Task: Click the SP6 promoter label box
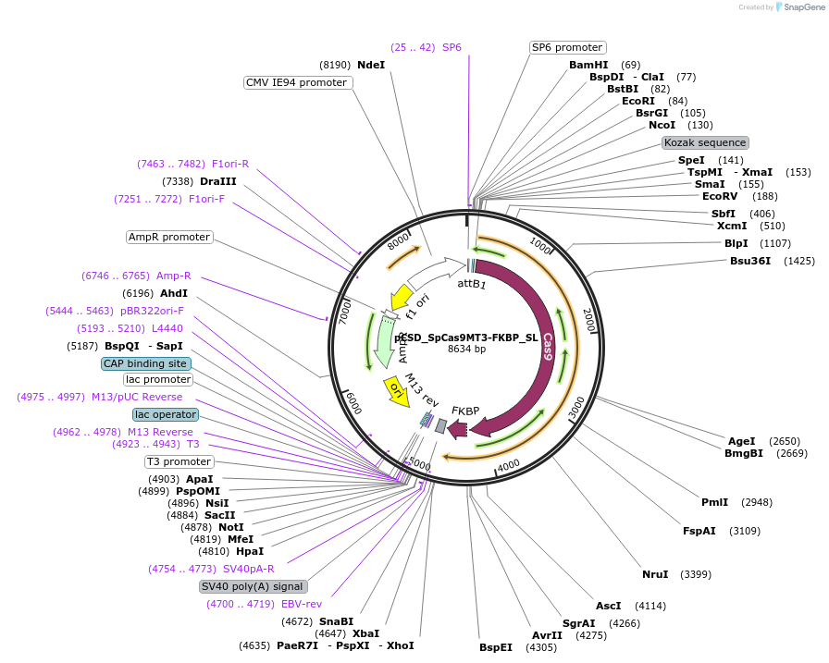pos(567,47)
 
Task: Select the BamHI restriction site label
pos(588,65)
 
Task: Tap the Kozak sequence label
pos(705,142)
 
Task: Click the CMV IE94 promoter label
pos(297,82)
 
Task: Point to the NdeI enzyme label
pos(371,65)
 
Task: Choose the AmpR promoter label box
pos(169,237)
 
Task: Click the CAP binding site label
pos(145,363)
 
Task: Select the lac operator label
pos(165,414)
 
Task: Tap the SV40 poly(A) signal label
pos(253,586)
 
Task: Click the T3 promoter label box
pos(179,461)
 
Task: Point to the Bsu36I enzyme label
pos(750,261)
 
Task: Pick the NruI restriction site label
pos(655,574)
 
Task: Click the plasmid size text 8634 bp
pos(466,349)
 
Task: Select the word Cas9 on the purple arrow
pos(549,344)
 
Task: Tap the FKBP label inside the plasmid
pos(465,410)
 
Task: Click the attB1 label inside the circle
pos(472,284)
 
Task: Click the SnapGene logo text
pos(799,6)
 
